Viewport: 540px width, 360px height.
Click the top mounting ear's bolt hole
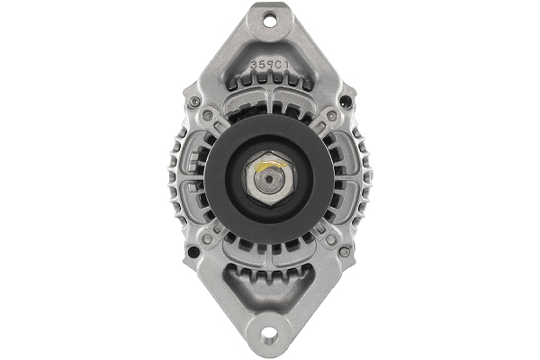click(x=270, y=19)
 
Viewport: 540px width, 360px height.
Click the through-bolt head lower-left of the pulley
click(x=209, y=240)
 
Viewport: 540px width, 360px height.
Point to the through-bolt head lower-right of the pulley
click(x=331, y=240)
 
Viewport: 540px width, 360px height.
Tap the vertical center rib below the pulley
click(x=270, y=256)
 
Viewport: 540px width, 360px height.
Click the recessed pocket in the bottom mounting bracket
click(x=270, y=297)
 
